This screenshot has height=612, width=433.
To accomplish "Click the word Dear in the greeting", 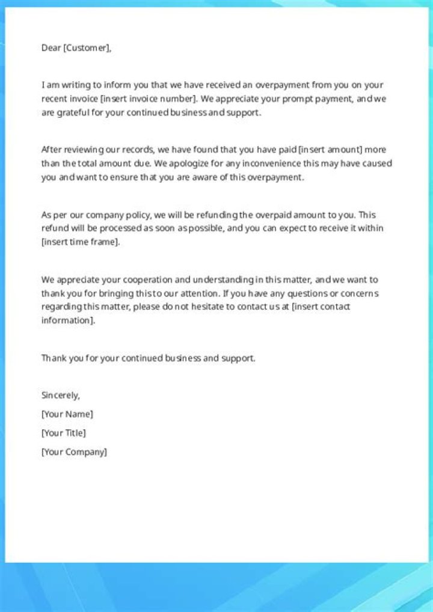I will pyautogui.click(x=51, y=48).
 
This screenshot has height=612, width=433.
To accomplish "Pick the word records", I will pyautogui.click(x=138, y=149).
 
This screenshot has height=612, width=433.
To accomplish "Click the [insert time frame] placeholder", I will pyautogui.click(x=81, y=242).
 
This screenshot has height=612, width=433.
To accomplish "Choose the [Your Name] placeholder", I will pyautogui.click(x=67, y=414).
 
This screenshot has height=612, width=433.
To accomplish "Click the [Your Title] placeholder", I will pyautogui.click(x=63, y=433).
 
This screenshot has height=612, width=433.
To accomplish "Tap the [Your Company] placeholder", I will pyautogui.click(x=74, y=451).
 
